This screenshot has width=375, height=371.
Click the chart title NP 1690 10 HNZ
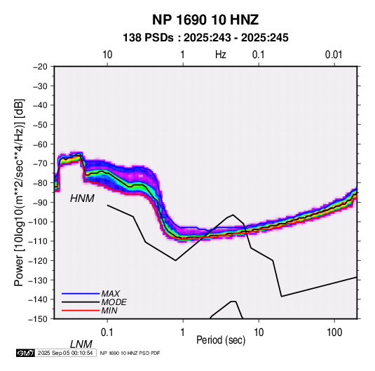pyautogui.click(x=205, y=20)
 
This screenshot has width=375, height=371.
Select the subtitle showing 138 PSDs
pyautogui.click(x=205, y=38)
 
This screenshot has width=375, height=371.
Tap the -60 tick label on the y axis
pyautogui.click(x=40, y=144)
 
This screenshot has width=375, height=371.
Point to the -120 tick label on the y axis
pyautogui.click(x=38, y=260)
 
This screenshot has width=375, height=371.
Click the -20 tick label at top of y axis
pyautogui.click(x=40, y=67)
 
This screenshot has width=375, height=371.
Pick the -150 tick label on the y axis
pyautogui.click(x=38, y=319)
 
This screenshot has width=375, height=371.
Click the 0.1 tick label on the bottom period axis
pyautogui.click(x=107, y=332)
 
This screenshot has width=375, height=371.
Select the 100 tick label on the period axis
pyautogui.click(x=334, y=332)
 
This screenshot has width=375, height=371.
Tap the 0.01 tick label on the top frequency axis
pyautogui.click(x=334, y=55)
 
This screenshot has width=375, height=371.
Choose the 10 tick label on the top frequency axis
pyautogui.click(x=107, y=55)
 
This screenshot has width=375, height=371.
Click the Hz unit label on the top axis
pyautogui.click(x=221, y=55)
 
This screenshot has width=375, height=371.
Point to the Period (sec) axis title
pyautogui.click(x=221, y=340)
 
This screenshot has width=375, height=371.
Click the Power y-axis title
pyautogui.click(x=19, y=193)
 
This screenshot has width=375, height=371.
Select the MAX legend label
pyautogui.click(x=110, y=294)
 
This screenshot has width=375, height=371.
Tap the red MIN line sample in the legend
pyautogui.click(x=81, y=311)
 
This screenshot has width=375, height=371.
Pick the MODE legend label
pyautogui.click(x=114, y=302)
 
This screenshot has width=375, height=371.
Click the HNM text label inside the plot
pyautogui.click(x=82, y=198)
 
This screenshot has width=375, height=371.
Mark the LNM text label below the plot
pyautogui.click(x=81, y=344)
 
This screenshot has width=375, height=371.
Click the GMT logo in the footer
pyautogui.click(x=26, y=353)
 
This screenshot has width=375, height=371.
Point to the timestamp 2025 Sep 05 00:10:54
pyautogui.click(x=65, y=353)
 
